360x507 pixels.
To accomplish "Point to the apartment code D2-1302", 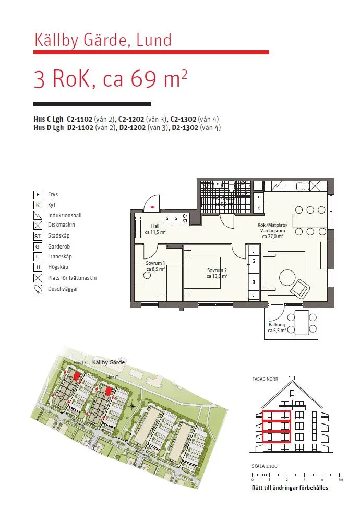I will [185, 127].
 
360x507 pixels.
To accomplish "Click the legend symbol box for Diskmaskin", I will [38, 226].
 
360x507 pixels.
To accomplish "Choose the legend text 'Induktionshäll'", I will [65, 215].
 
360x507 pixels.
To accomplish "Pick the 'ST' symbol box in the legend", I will [38, 236].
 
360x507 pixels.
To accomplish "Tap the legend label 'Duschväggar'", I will [63, 289].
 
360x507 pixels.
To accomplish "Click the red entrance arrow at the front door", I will [151, 207].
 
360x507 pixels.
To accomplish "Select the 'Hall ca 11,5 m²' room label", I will [155, 229].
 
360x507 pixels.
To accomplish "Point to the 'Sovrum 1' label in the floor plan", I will [155, 266].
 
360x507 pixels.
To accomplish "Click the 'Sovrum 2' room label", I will [217, 273].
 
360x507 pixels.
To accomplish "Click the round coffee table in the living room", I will [287, 276].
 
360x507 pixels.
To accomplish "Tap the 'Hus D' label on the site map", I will [79, 362].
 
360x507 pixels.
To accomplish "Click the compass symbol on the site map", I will [132, 406].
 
